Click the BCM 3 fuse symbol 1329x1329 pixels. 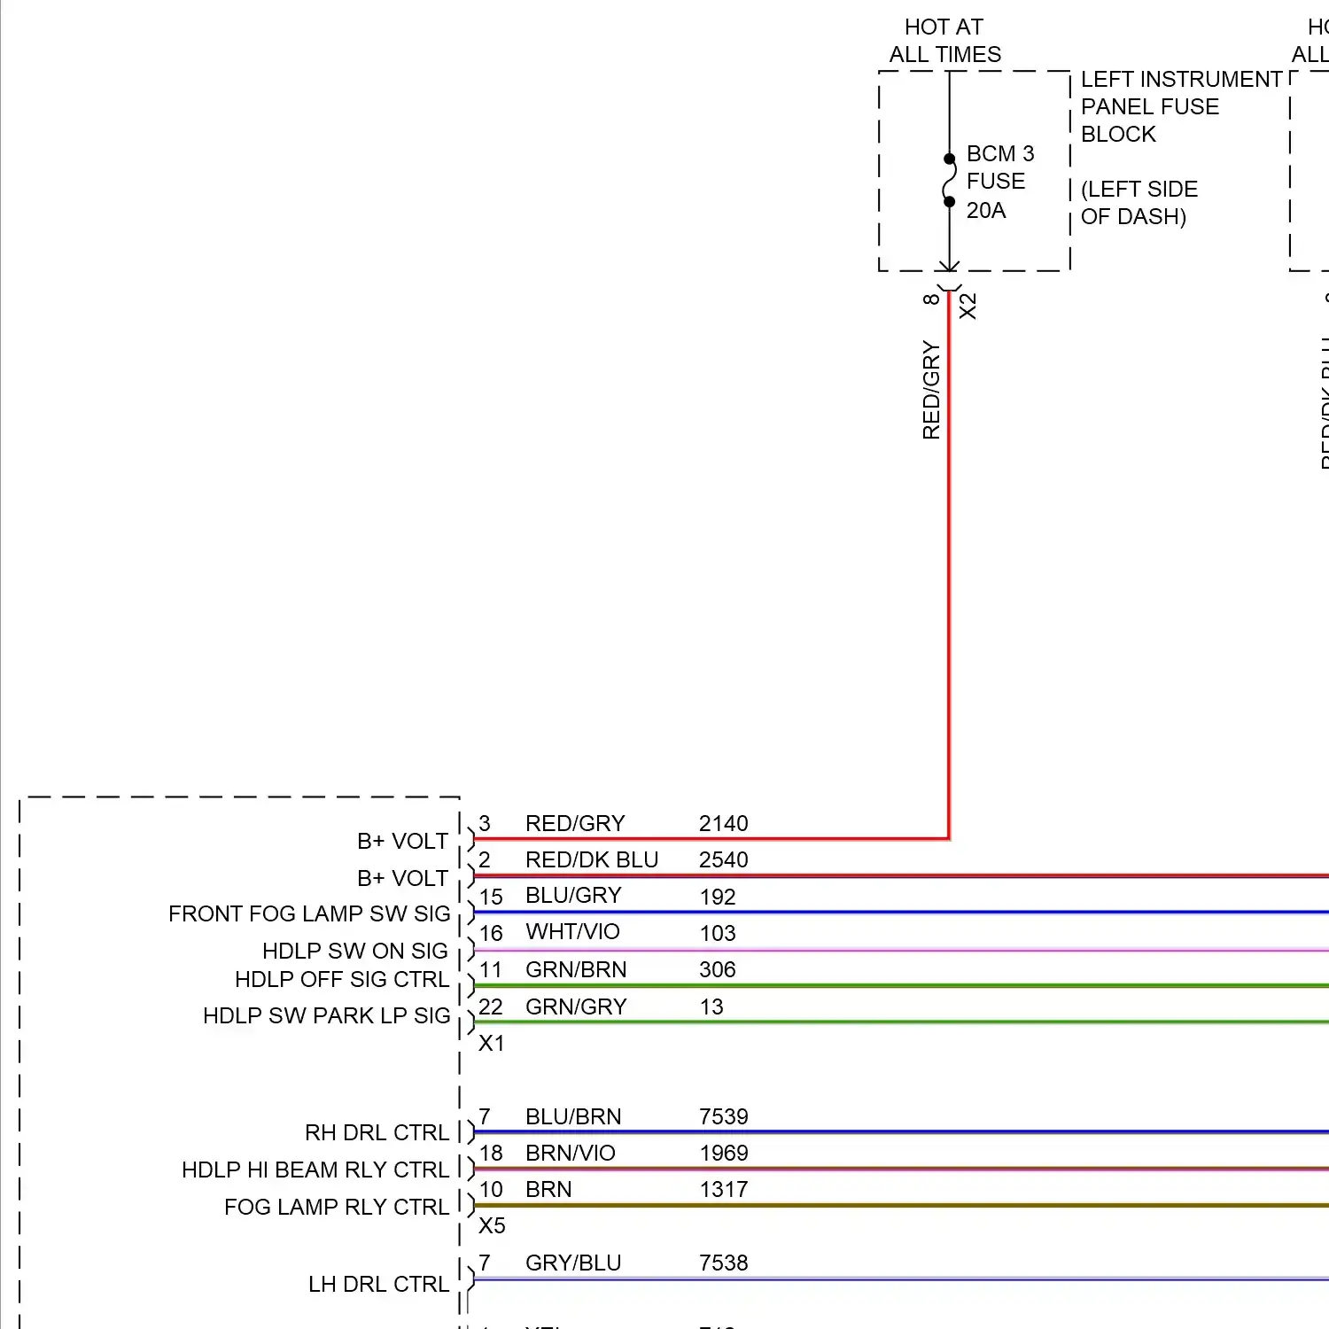click(x=949, y=181)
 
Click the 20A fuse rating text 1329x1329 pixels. click(x=986, y=211)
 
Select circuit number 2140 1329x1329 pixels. click(x=723, y=824)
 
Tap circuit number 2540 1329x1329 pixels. click(x=723, y=860)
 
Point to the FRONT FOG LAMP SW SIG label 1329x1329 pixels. click(x=309, y=914)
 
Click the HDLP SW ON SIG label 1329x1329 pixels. click(x=354, y=952)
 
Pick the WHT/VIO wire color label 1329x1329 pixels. click(x=572, y=932)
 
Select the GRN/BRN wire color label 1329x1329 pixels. click(x=576, y=970)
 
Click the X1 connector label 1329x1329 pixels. click(x=491, y=1044)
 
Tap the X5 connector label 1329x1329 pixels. click(x=492, y=1226)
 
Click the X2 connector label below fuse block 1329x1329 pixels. click(x=968, y=307)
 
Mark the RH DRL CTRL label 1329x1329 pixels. click(x=377, y=1133)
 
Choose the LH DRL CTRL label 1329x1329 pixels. click(x=378, y=1285)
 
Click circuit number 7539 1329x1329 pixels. click(x=723, y=1117)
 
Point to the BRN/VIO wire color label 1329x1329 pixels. click(x=570, y=1154)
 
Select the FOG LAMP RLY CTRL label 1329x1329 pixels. click(x=337, y=1208)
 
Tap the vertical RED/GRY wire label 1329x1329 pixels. click(x=931, y=390)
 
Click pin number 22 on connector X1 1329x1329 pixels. click(x=491, y=1007)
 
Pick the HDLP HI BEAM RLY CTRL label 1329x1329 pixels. click(x=315, y=1170)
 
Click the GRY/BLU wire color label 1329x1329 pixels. click(x=573, y=1263)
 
